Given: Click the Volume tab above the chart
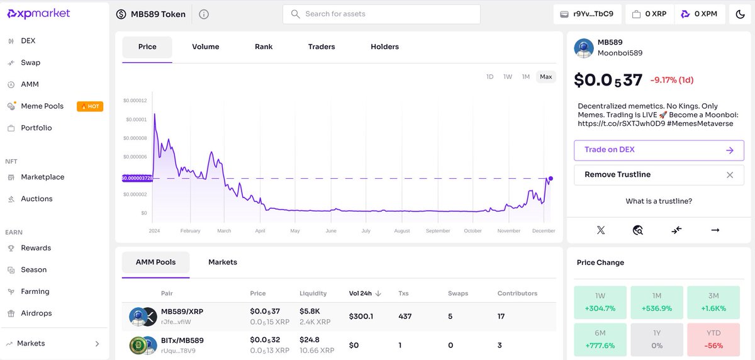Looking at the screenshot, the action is coord(206,47).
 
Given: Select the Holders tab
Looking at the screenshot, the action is coord(384,47).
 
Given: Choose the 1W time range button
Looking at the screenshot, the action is coord(508,77).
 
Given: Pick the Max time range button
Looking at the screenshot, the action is coord(545,77).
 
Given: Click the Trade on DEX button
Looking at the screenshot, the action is coord(659,150).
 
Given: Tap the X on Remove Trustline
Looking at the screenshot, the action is coord(730,175).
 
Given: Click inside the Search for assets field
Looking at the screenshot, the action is coord(381,14).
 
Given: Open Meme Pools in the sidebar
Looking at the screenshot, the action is coord(42,106).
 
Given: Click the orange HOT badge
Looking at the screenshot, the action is coord(90,106).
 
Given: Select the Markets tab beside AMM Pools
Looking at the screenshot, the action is coord(223,262).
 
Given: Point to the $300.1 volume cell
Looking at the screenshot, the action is coord(361,317).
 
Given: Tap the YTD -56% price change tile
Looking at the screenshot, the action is coord(713,339).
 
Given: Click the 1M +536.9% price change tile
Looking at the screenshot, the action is coord(657,302).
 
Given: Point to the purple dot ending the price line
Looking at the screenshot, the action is coord(551,178).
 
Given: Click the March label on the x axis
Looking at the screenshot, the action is coord(224,231).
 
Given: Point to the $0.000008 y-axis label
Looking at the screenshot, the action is coord(135,138).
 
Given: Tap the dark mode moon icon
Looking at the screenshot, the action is coord(740,14).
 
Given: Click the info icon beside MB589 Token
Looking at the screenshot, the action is coord(204,14).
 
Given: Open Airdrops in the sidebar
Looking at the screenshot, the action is coord(36,313).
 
